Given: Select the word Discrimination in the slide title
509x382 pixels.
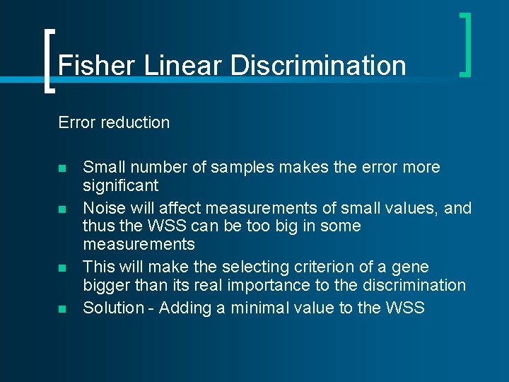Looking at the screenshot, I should click(318, 66).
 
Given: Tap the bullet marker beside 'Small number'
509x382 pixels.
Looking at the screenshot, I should click(62, 169).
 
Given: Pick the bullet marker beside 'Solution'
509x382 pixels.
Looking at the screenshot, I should click(62, 309).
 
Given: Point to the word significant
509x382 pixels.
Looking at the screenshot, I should click(121, 186).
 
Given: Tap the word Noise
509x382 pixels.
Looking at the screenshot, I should click(102, 208).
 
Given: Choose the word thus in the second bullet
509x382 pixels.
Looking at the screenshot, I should click(98, 226).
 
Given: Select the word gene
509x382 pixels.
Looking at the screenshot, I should click(412, 267).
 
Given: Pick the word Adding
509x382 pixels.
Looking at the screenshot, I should click(184, 308).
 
